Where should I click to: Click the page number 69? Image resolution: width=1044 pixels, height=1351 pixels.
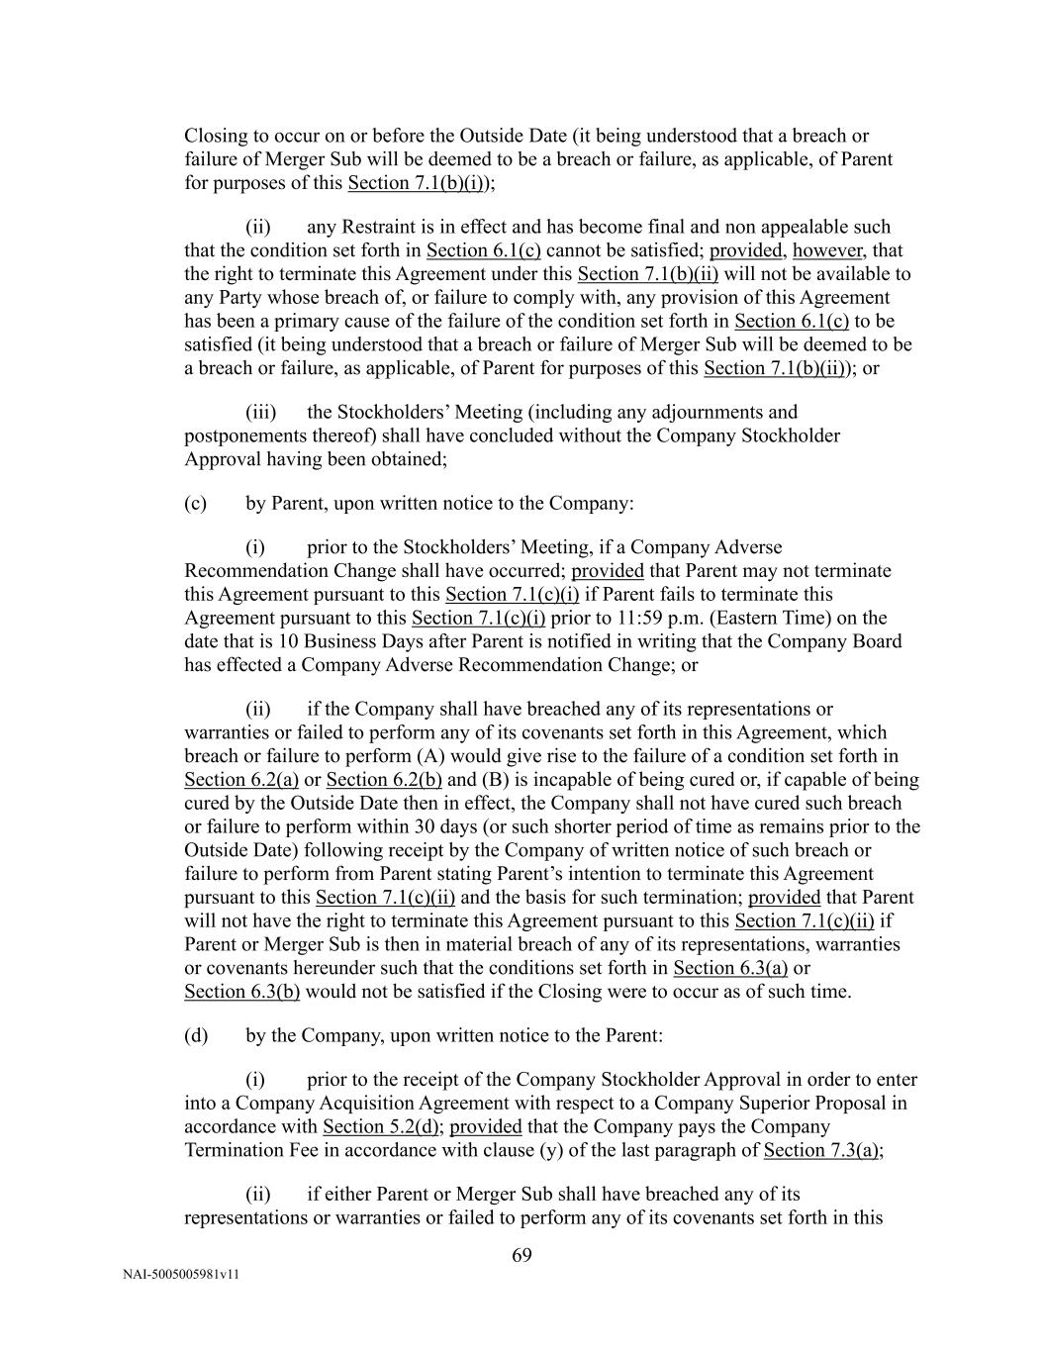[x=522, y=1256]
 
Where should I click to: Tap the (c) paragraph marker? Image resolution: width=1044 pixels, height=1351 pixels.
[x=195, y=503]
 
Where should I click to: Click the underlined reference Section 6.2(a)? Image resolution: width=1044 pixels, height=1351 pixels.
[x=241, y=780]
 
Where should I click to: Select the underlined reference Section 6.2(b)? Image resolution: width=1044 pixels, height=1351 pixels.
[x=384, y=780]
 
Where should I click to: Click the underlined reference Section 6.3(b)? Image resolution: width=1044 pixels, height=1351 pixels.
[x=241, y=992]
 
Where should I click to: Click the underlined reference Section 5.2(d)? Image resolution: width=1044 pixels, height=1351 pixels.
[x=382, y=1126]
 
